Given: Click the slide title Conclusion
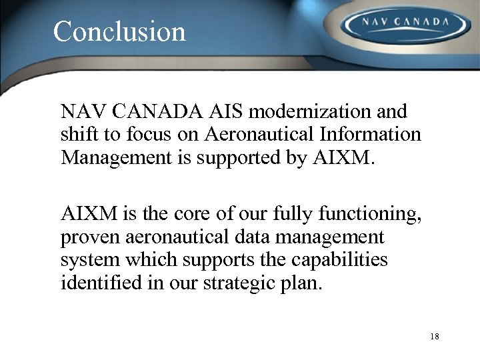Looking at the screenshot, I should [119, 31].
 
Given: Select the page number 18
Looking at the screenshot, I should [435, 336].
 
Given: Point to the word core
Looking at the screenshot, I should [195, 213].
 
